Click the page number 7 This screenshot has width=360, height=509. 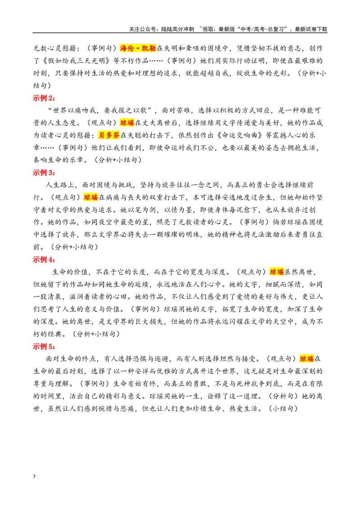click(34, 477)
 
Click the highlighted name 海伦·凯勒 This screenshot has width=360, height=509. click(138, 49)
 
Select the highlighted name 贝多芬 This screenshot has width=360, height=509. click(109, 135)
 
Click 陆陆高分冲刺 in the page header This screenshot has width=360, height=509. click(177, 29)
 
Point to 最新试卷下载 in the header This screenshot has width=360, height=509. click(311, 29)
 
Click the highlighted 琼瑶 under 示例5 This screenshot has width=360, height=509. click(307, 359)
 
